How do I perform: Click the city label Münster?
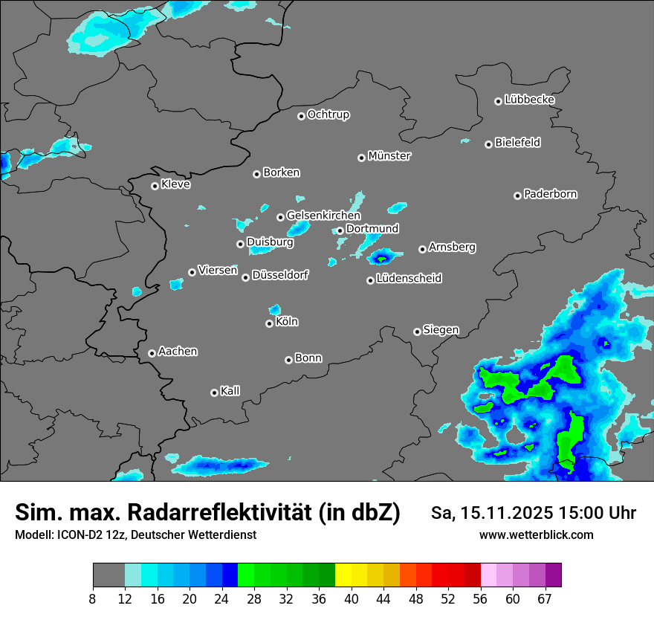389,156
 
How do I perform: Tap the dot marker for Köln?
269,323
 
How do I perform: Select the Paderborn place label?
550,195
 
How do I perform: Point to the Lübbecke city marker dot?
498,101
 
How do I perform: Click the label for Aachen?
178,352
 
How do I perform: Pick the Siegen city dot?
417,332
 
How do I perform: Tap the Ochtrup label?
328,115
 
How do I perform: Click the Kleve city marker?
155,186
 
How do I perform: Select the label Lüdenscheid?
409,279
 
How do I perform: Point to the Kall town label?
230,391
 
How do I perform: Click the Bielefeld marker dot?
488,144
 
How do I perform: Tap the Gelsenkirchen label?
323,216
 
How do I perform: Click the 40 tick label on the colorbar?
352,599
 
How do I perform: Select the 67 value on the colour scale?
545,599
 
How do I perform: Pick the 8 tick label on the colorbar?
93,599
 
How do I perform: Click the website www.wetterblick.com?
536,535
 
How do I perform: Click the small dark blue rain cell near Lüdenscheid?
381,259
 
